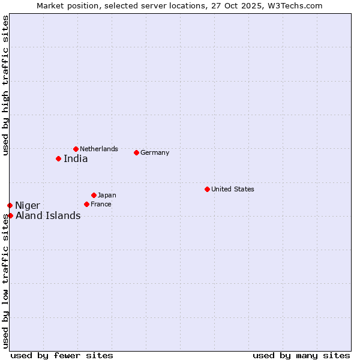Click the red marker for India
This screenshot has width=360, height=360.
tap(58, 158)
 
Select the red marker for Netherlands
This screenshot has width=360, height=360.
tap(76, 149)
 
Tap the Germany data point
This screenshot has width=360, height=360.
tap(136, 152)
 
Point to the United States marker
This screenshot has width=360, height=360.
tap(207, 189)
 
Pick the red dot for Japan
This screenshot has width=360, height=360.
tap(94, 195)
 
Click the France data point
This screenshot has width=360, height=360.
tap(86, 204)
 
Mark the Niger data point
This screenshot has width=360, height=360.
tap(10, 205)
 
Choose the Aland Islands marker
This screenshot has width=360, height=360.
tap(10, 215)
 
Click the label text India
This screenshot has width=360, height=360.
tap(76, 159)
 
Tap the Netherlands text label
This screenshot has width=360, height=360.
tap(99, 149)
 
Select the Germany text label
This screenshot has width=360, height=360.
tap(155, 152)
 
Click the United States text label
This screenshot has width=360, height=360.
tap(233, 189)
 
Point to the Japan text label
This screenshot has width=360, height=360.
tap(107, 195)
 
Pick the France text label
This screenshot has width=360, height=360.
tap(101, 204)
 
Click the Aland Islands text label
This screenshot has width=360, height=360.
tap(48, 216)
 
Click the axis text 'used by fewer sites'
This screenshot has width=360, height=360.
tap(62, 355)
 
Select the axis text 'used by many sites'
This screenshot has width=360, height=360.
tap(301, 355)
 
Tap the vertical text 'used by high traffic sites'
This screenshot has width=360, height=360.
tap(5, 85)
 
